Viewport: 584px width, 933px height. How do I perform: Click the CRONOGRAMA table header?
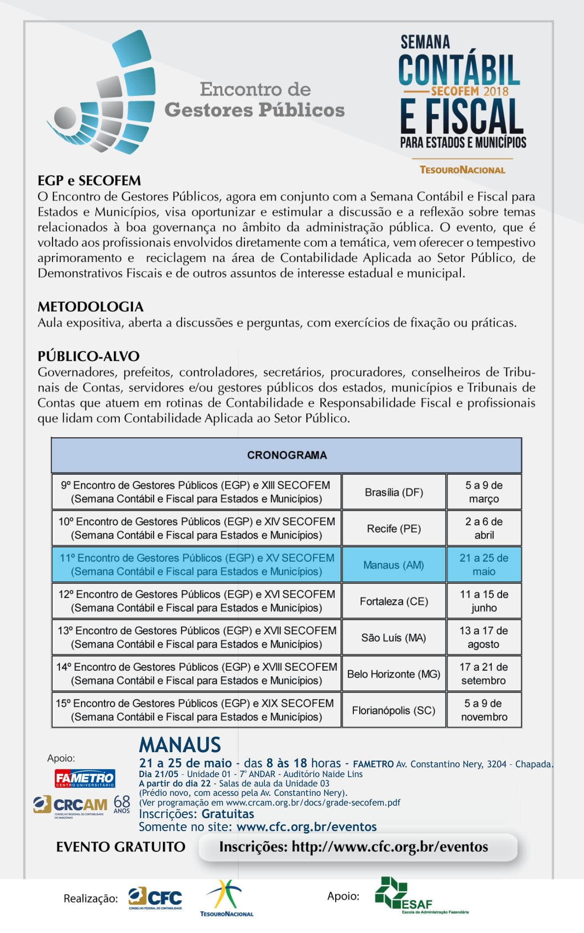(x=287, y=455)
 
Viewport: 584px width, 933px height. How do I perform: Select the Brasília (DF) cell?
(x=393, y=492)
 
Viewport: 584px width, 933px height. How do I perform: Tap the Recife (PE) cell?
(x=393, y=529)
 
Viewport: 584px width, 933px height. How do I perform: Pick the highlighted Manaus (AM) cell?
(x=393, y=565)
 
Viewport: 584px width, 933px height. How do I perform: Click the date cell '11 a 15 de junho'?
(x=484, y=601)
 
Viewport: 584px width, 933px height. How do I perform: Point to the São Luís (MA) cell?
(x=393, y=638)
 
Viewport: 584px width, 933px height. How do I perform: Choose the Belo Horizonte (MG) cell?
(x=393, y=674)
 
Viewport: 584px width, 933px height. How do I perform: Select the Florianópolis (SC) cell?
(x=393, y=710)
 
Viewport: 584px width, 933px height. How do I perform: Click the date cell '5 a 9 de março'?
(x=484, y=492)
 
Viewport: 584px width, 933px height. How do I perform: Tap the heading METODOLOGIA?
(x=90, y=307)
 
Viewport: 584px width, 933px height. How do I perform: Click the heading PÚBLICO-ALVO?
(x=89, y=356)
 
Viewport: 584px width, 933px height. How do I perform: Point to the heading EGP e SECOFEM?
(x=89, y=181)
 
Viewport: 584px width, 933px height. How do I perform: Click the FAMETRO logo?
(x=85, y=778)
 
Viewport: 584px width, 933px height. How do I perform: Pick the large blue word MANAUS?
(x=180, y=745)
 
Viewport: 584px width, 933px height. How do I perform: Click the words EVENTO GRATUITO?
(x=121, y=847)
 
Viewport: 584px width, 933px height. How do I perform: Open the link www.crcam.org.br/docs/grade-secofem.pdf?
(x=313, y=803)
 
